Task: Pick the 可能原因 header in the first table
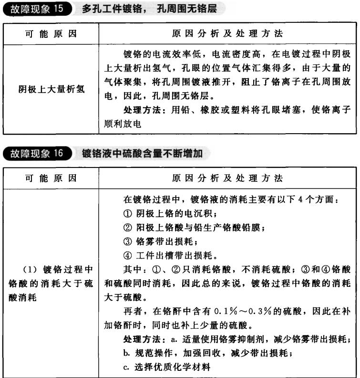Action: click(x=51, y=34)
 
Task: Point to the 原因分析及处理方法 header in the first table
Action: click(x=227, y=34)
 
